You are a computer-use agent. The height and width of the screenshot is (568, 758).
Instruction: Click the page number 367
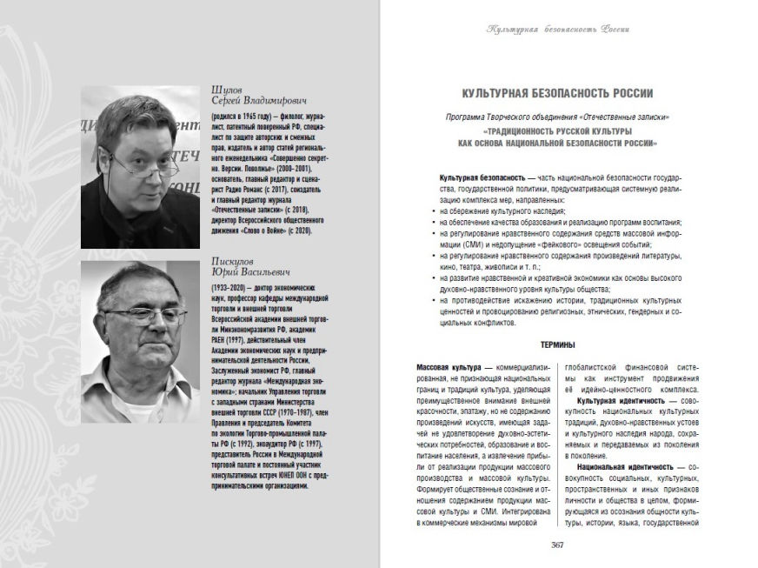click(x=559, y=545)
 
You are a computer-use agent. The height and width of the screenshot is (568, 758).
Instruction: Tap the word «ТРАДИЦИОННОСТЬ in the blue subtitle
click(x=502, y=130)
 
